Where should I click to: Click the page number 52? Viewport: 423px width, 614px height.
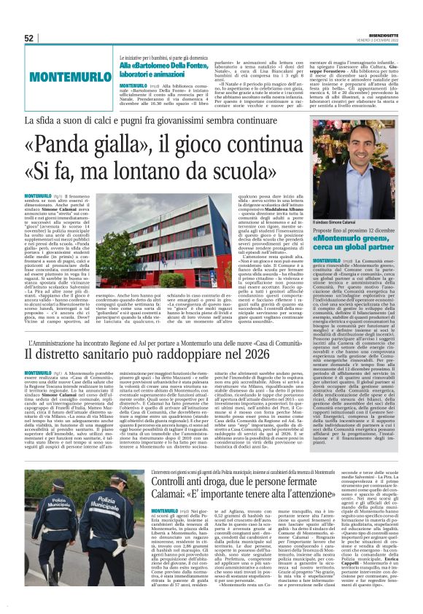29,39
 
